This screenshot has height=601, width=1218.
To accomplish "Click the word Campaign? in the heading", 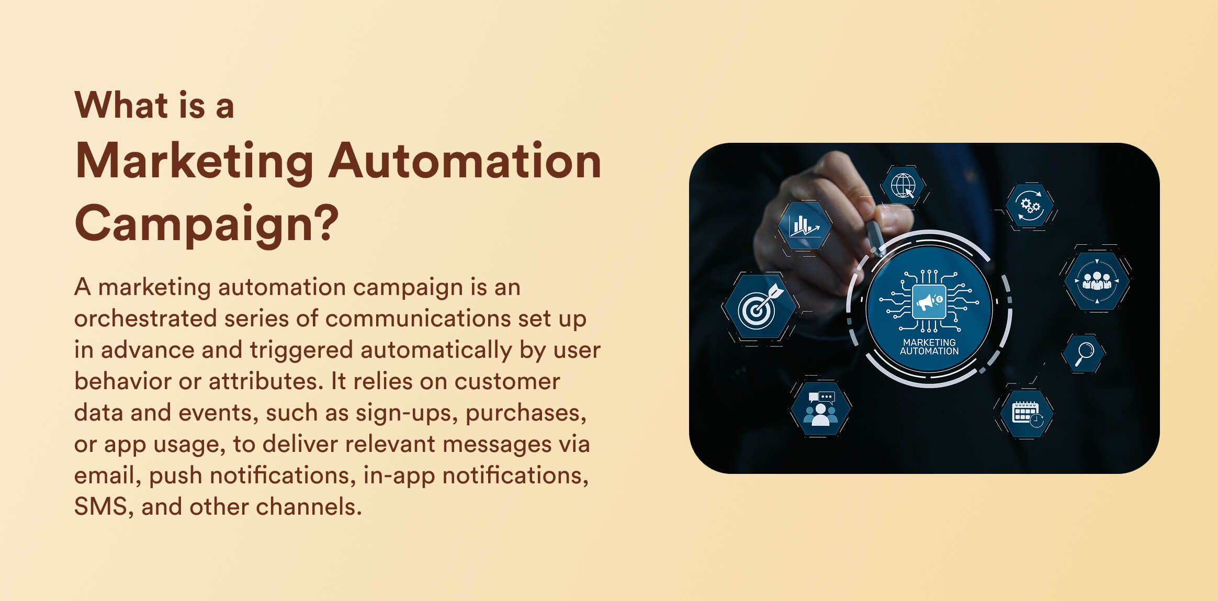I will click(207, 223).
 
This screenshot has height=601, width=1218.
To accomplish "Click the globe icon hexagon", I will click(904, 186).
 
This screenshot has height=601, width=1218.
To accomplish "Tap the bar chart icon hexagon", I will click(804, 226).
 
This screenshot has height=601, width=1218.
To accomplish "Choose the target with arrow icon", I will click(760, 307).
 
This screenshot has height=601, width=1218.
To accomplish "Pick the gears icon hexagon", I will click(1030, 206).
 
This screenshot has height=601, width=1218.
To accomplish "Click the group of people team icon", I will click(1097, 281).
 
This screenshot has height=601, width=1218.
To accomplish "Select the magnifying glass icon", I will click(1084, 354).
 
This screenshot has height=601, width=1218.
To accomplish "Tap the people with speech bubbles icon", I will click(820, 409).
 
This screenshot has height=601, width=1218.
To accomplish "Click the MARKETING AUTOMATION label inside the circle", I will click(929, 347).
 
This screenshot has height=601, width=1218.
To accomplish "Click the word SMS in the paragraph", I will click(100, 507).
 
